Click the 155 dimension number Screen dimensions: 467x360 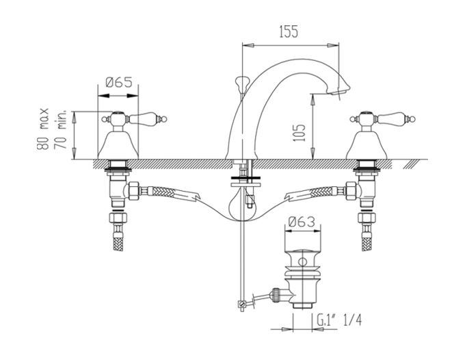(289, 32)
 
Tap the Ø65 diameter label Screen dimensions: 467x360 (119, 82)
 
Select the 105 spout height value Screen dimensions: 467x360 (299, 133)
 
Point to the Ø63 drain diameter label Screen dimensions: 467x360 (302, 222)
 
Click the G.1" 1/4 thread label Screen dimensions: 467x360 (339, 321)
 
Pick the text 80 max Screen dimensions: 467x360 (42, 129)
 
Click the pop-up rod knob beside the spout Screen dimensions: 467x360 (241, 81)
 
